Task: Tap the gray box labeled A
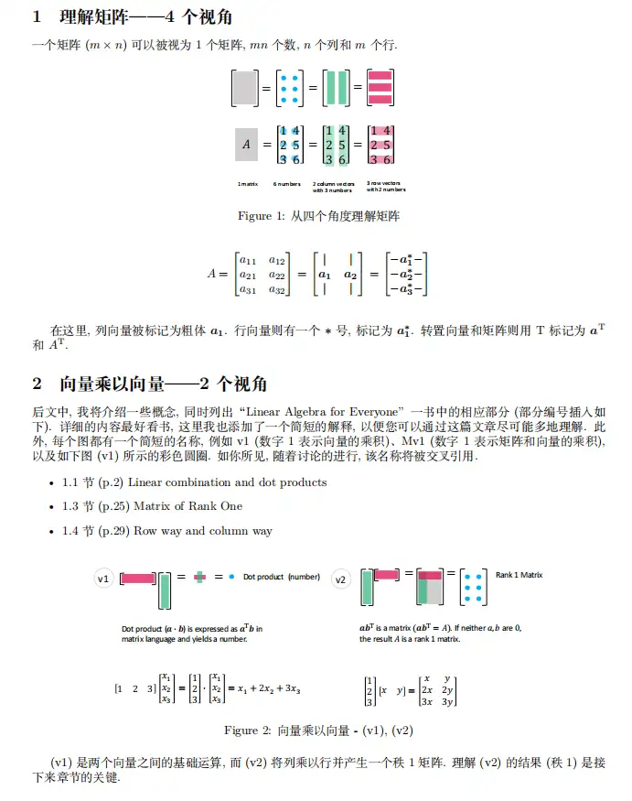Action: tap(245, 145)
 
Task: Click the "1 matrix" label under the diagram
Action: tap(247, 184)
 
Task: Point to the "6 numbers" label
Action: tap(287, 184)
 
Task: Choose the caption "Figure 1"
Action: tap(316, 216)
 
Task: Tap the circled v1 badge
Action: tap(104, 579)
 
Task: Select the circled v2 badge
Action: tap(341, 579)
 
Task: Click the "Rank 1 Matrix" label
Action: tap(519, 575)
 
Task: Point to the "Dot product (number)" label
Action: tap(282, 577)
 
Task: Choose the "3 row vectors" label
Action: tap(385, 187)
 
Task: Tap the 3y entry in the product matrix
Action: tap(448, 701)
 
